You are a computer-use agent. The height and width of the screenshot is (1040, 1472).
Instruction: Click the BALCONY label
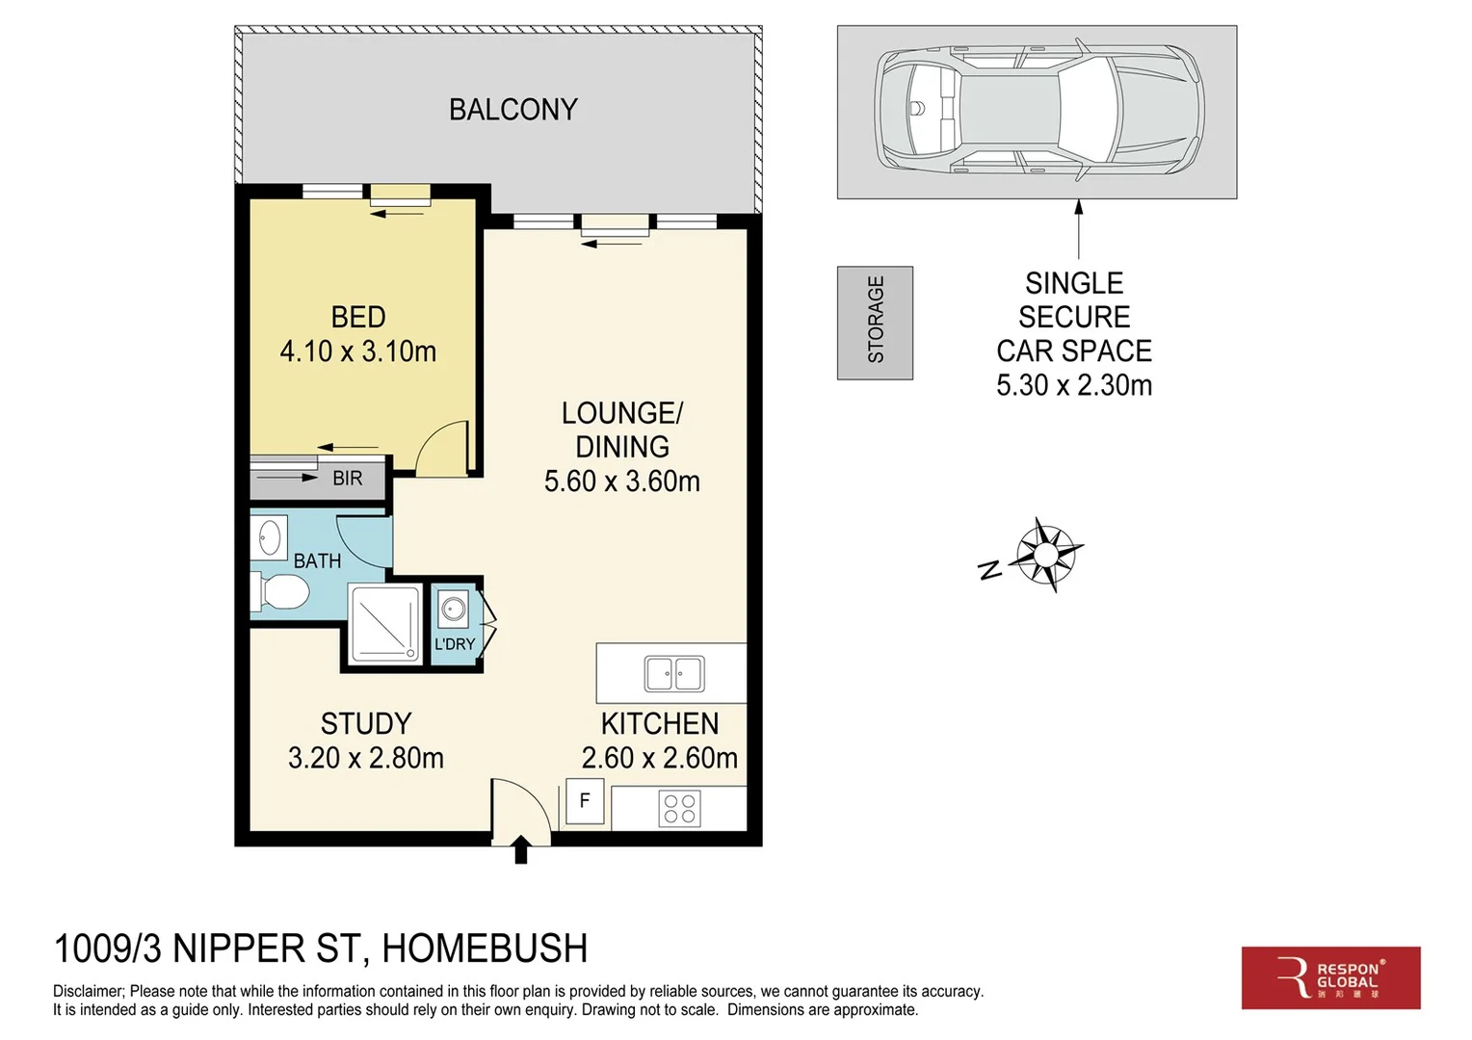coord(513,110)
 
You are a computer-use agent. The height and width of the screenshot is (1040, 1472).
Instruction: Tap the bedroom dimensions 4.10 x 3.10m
coord(357,351)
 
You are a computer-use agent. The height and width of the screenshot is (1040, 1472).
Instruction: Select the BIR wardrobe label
coord(347,478)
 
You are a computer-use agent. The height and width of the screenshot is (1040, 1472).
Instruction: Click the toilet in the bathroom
coord(281,591)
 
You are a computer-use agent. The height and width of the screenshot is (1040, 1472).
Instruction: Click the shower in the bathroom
coord(384,624)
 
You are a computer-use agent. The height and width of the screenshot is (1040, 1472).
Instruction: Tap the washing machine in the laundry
coord(453,609)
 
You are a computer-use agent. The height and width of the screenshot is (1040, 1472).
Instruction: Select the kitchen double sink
coord(674,673)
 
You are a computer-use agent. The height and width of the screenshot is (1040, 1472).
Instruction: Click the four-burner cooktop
coord(679,809)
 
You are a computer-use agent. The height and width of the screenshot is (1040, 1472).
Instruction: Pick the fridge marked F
coord(584,801)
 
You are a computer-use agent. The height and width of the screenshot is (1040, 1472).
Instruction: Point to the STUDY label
coord(365,723)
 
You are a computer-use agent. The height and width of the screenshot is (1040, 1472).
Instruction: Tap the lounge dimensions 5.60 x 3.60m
coord(621,481)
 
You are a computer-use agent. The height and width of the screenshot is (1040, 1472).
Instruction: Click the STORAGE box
coord(875,322)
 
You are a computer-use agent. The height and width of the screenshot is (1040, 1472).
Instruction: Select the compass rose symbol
coord(1048,553)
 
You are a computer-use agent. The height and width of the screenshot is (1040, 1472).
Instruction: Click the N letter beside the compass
coord(989,570)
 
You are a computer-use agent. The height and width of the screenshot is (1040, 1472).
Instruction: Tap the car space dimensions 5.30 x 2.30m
coord(1073,385)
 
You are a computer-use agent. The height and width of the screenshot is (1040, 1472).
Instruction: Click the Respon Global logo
coord(1330,977)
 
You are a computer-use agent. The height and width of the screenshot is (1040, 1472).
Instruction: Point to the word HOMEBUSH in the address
coord(485,949)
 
